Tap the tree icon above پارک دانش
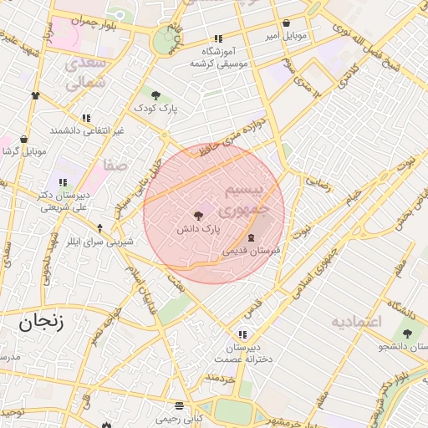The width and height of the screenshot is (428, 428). pyautogui.click(x=198, y=216)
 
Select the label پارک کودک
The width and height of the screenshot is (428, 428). pyautogui.click(x=155, y=109)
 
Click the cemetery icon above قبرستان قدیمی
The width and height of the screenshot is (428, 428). pyautogui.click(x=252, y=238)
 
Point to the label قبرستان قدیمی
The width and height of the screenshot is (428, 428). pyautogui.click(x=248, y=250)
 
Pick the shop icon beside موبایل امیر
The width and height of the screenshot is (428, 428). pyautogui.click(x=288, y=23)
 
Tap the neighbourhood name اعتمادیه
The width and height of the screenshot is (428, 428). pyautogui.click(x=356, y=322)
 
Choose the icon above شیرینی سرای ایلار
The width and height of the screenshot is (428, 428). pyautogui.click(x=100, y=227)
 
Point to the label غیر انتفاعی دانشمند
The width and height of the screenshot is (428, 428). pyautogui.click(x=87, y=130)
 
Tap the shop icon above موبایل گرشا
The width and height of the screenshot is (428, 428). pyautogui.click(x=23, y=139)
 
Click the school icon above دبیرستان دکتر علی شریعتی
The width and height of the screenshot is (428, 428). pyautogui.click(x=63, y=182)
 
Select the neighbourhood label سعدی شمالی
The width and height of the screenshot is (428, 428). pyautogui.click(x=86, y=74)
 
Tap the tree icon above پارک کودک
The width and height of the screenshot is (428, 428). pyautogui.click(x=155, y=94)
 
